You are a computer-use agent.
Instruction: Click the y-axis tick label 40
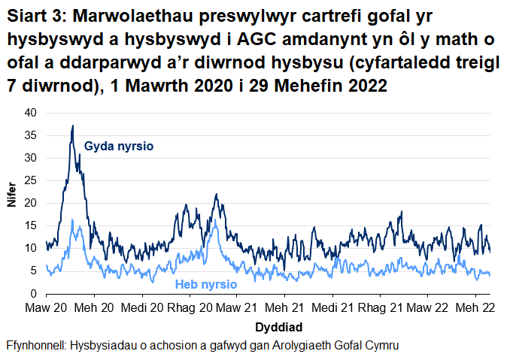click(x=30, y=113)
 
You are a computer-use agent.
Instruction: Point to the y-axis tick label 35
click(x=30, y=135)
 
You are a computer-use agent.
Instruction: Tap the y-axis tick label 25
click(x=30, y=180)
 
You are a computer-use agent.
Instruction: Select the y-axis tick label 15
click(x=30, y=225)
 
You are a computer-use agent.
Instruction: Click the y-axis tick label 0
click(x=33, y=293)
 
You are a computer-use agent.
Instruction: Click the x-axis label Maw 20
click(x=47, y=308)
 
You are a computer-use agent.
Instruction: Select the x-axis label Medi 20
click(x=141, y=308)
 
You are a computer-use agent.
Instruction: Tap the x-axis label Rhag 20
click(x=190, y=308)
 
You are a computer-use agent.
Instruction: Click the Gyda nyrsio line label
click(x=119, y=146)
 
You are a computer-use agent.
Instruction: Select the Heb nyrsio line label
click(x=206, y=285)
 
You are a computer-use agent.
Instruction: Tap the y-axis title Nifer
click(x=11, y=203)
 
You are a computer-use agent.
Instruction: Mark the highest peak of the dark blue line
click(x=73, y=126)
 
